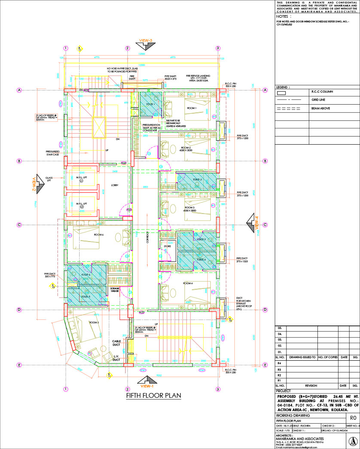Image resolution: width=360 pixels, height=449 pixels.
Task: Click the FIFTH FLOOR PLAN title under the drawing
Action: pos(153,395)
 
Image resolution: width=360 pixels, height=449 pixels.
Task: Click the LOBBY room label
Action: pos(102,186)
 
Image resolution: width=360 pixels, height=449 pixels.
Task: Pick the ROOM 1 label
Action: pos(191,108)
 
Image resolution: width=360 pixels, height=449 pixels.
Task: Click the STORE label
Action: pos(167,247)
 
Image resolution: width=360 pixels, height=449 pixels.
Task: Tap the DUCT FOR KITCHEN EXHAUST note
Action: pos(243,303)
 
